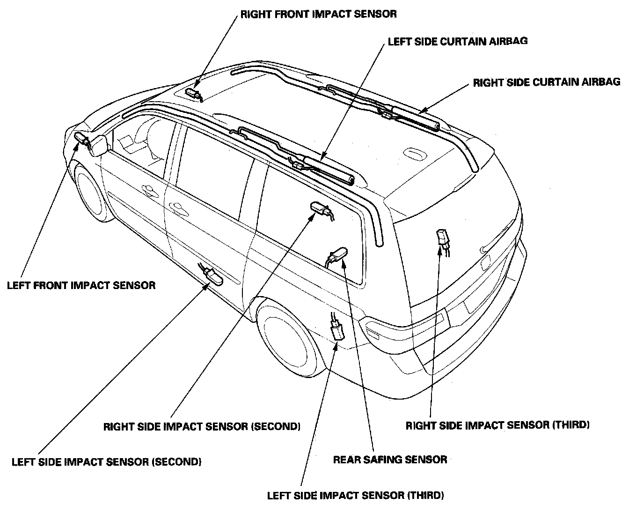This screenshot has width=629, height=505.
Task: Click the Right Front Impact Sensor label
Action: tap(318, 14)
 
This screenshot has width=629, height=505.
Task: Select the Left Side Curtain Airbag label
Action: tap(458, 41)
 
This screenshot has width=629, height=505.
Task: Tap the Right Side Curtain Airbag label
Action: tap(546, 83)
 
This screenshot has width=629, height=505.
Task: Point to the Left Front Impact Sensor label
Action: tap(81, 285)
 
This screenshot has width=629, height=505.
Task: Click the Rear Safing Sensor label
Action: tap(390, 460)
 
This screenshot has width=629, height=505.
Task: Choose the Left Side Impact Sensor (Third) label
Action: tap(355, 495)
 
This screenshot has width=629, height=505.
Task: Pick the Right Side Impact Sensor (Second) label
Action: tap(201, 427)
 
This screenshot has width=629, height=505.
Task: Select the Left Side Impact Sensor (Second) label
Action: tap(106, 462)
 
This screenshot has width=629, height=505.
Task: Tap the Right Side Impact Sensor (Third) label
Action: tap(497, 425)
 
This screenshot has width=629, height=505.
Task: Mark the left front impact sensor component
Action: tap(83, 139)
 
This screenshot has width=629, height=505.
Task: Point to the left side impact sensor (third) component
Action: tap(337, 331)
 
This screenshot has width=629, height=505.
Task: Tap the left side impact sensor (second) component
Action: tap(213, 276)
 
